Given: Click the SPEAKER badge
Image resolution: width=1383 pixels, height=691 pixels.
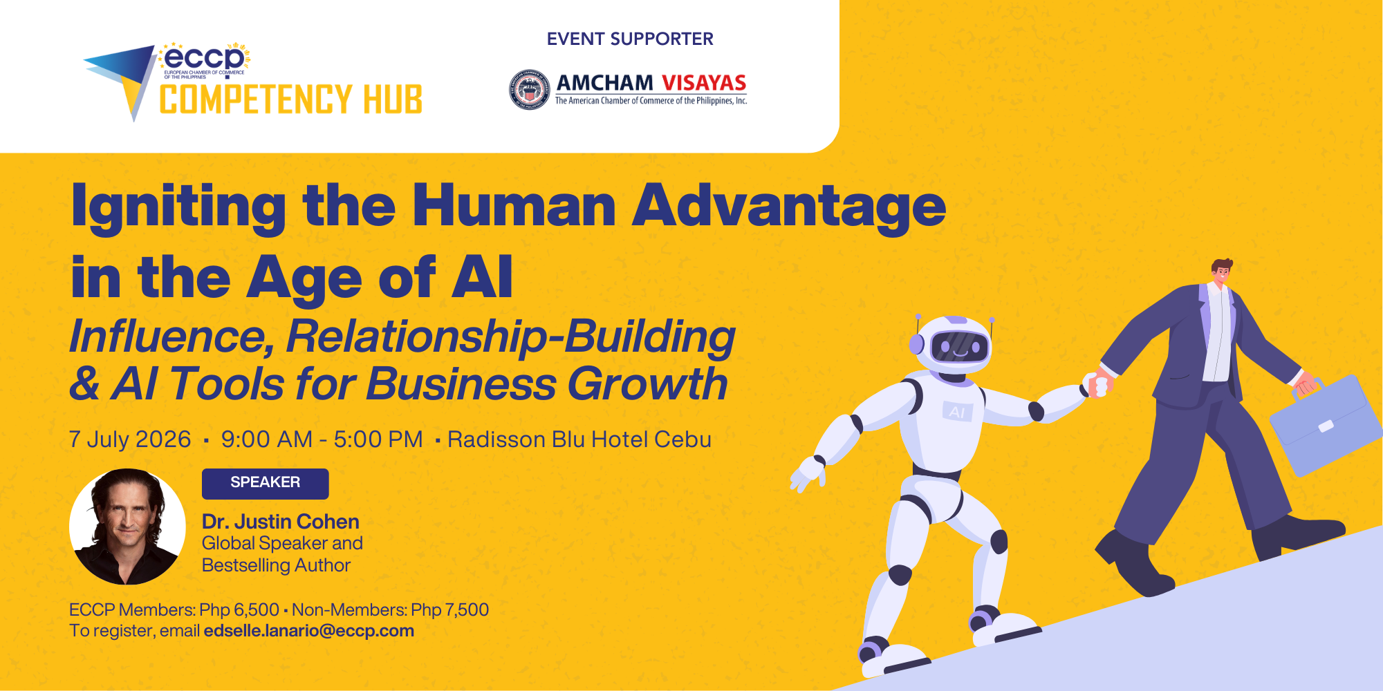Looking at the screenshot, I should pyautogui.click(x=265, y=483).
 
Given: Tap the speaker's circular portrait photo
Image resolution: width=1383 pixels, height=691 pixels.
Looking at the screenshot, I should pyautogui.click(x=127, y=527).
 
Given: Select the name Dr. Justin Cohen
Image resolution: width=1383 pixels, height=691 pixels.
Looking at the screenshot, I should pyautogui.click(x=280, y=522).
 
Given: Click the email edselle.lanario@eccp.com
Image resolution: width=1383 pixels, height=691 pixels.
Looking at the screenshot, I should pyautogui.click(x=308, y=631).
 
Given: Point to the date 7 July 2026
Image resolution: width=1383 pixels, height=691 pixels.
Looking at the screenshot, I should pyautogui.click(x=130, y=439).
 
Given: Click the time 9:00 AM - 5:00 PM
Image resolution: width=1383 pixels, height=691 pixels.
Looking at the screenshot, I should pyautogui.click(x=322, y=439).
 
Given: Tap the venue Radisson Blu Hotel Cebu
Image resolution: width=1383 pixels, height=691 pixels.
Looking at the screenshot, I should pyautogui.click(x=579, y=439).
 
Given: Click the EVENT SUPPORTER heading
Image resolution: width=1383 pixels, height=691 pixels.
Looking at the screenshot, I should pyautogui.click(x=630, y=39).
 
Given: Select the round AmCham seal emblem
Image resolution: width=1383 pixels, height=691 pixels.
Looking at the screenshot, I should pyautogui.click(x=529, y=90).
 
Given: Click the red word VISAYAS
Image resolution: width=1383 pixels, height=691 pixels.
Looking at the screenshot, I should pyautogui.click(x=704, y=84).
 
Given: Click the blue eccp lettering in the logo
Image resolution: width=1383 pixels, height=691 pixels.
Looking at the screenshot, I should pyautogui.click(x=205, y=57).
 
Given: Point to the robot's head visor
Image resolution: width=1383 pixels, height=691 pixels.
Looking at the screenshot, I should pyautogui.click(x=959, y=346).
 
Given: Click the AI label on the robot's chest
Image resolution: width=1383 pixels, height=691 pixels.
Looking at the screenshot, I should pyautogui.click(x=957, y=413).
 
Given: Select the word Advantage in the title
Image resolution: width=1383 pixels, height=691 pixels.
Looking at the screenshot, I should pyautogui.click(x=789, y=206).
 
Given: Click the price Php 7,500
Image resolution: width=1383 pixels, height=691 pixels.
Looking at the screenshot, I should pyautogui.click(x=449, y=610).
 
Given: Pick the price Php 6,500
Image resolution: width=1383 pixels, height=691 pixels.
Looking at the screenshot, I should pyautogui.click(x=239, y=610).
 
